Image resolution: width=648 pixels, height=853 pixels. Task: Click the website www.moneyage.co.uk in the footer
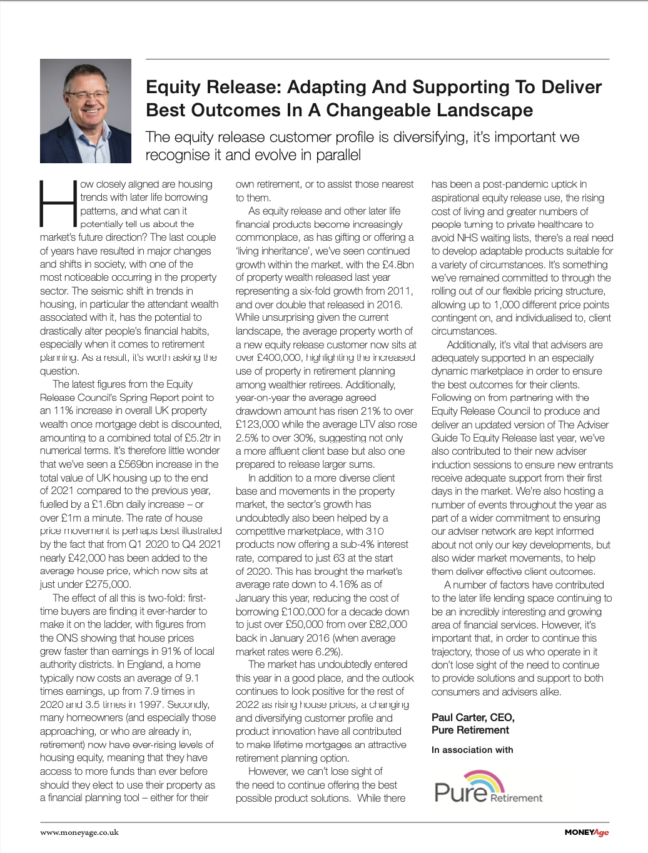[79, 832]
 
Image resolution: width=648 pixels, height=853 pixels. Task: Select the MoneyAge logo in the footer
[586, 832]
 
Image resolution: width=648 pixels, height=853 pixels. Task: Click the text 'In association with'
[472, 750]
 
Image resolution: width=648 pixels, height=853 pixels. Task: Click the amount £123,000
[257, 424]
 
